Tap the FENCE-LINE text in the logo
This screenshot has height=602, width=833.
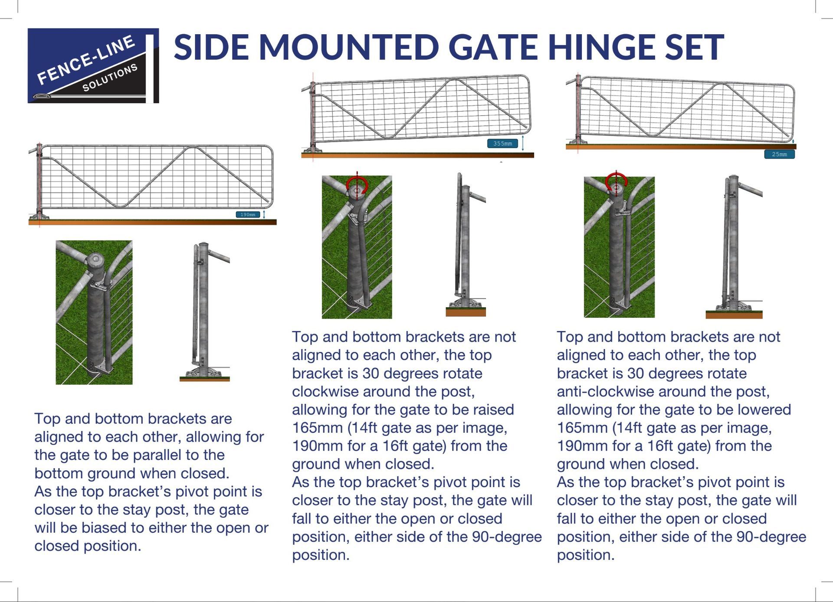tap(86, 60)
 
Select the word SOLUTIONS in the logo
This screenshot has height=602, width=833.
tap(110, 78)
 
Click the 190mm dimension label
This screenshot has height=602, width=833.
tap(248, 215)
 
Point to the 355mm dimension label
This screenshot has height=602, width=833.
tap(502, 143)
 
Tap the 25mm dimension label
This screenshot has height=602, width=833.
tap(779, 154)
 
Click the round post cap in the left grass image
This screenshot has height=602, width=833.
tap(94, 260)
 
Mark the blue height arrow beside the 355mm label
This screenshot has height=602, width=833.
tap(523, 143)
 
